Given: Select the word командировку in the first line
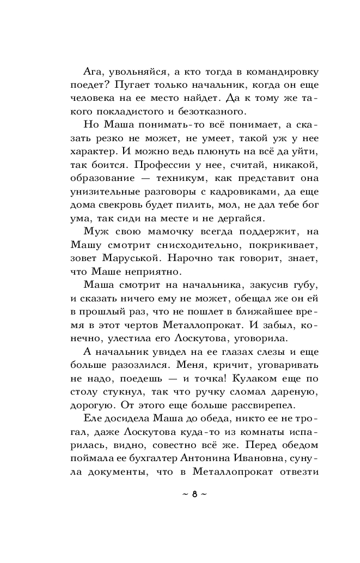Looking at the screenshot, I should click(270, 71).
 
